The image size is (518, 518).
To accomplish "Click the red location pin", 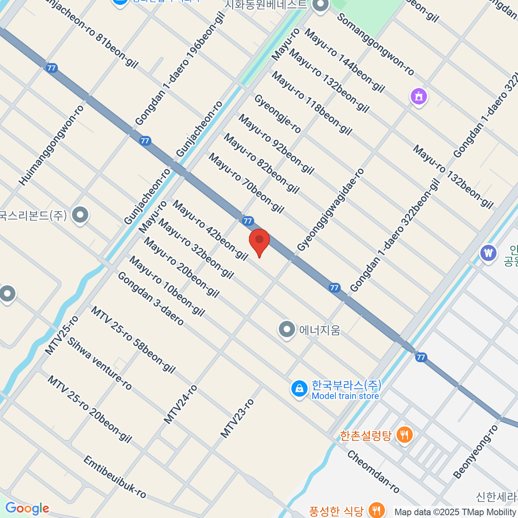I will point(259,241).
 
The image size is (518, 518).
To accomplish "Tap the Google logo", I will point(27,509).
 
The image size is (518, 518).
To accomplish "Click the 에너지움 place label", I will point(320,330).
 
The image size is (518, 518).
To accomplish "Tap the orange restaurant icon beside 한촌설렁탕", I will point(404,435).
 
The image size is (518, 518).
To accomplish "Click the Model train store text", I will point(345,396).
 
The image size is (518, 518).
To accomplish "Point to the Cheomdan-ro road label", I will point(373,472).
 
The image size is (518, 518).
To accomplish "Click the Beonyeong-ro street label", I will point(475,452).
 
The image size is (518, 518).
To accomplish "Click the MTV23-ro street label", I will point(237,418).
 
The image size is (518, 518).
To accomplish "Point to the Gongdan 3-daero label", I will point(151,298).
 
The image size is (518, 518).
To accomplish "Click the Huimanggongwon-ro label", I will point(51,145).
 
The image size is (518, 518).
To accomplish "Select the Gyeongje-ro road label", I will point(278,114).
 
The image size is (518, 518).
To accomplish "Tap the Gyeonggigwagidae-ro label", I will point(331,209).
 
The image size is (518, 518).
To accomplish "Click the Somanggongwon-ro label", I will point(375,44).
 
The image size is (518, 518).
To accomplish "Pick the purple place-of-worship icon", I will point(418,97).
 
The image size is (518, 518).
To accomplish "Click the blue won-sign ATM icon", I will point(488,253).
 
